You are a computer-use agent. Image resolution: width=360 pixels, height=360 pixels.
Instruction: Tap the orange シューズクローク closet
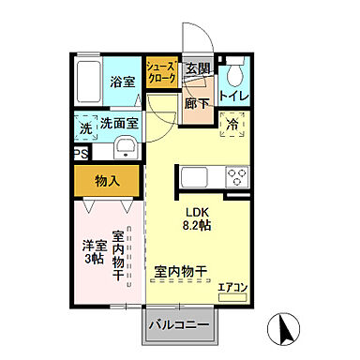pos(161,73)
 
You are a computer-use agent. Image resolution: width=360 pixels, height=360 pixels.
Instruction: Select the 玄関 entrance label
pos(196,69)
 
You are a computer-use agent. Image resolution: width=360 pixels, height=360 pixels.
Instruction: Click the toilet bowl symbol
pos(233,73)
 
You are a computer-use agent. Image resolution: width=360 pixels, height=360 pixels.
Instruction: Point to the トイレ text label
pos(232,97)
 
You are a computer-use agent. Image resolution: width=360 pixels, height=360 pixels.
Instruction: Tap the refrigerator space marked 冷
pos(232,125)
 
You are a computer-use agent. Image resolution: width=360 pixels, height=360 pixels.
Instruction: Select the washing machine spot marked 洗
pos(85,125)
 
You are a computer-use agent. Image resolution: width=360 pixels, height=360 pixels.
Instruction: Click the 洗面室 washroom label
pos(120,123)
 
